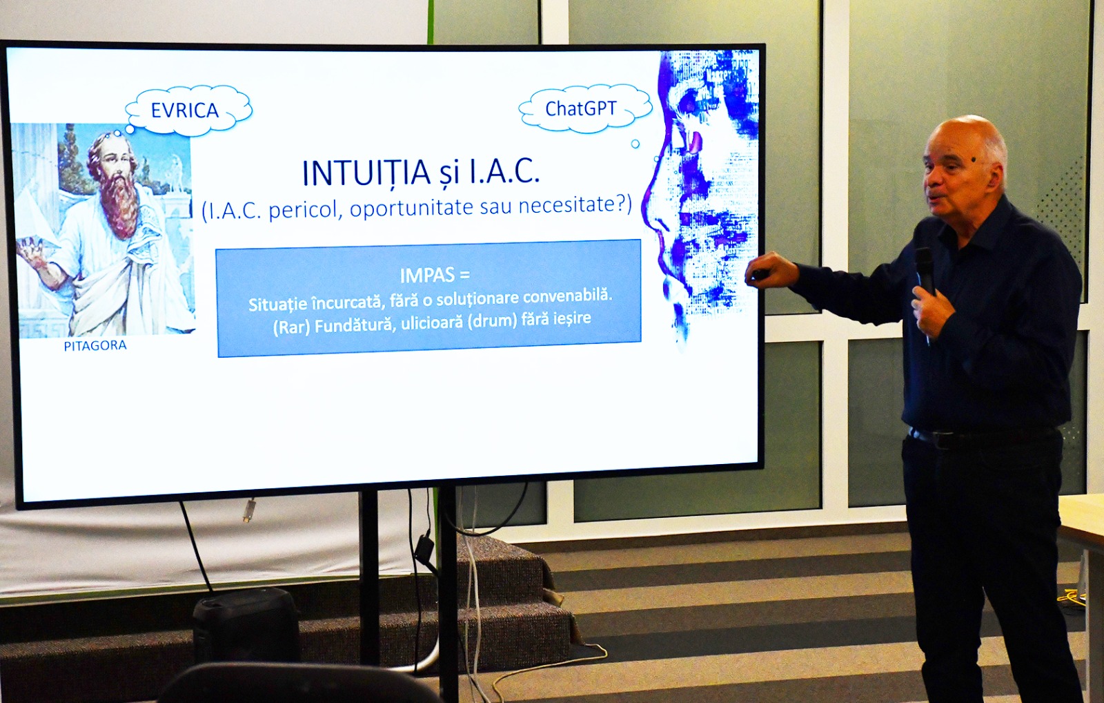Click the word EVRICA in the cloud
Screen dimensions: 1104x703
click(x=185, y=110)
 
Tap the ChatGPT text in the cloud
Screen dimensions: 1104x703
click(x=580, y=108)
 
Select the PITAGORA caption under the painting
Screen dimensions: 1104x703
click(x=95, y=346)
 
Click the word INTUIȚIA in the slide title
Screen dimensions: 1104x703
click(x=366, y=173)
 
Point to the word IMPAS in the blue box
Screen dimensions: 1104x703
click(x=427, y=276)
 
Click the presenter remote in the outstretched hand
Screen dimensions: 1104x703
click(x=759, y=274)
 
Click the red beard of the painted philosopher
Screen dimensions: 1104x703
click(x=120, y=204)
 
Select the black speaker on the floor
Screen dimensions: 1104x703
click(x=246, y=624)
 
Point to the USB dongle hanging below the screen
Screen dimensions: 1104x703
click(x=249, y=510)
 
